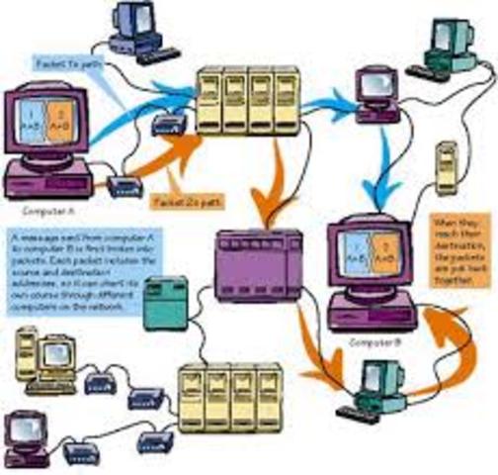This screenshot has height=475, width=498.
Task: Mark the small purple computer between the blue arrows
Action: click(x=378, y=90)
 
